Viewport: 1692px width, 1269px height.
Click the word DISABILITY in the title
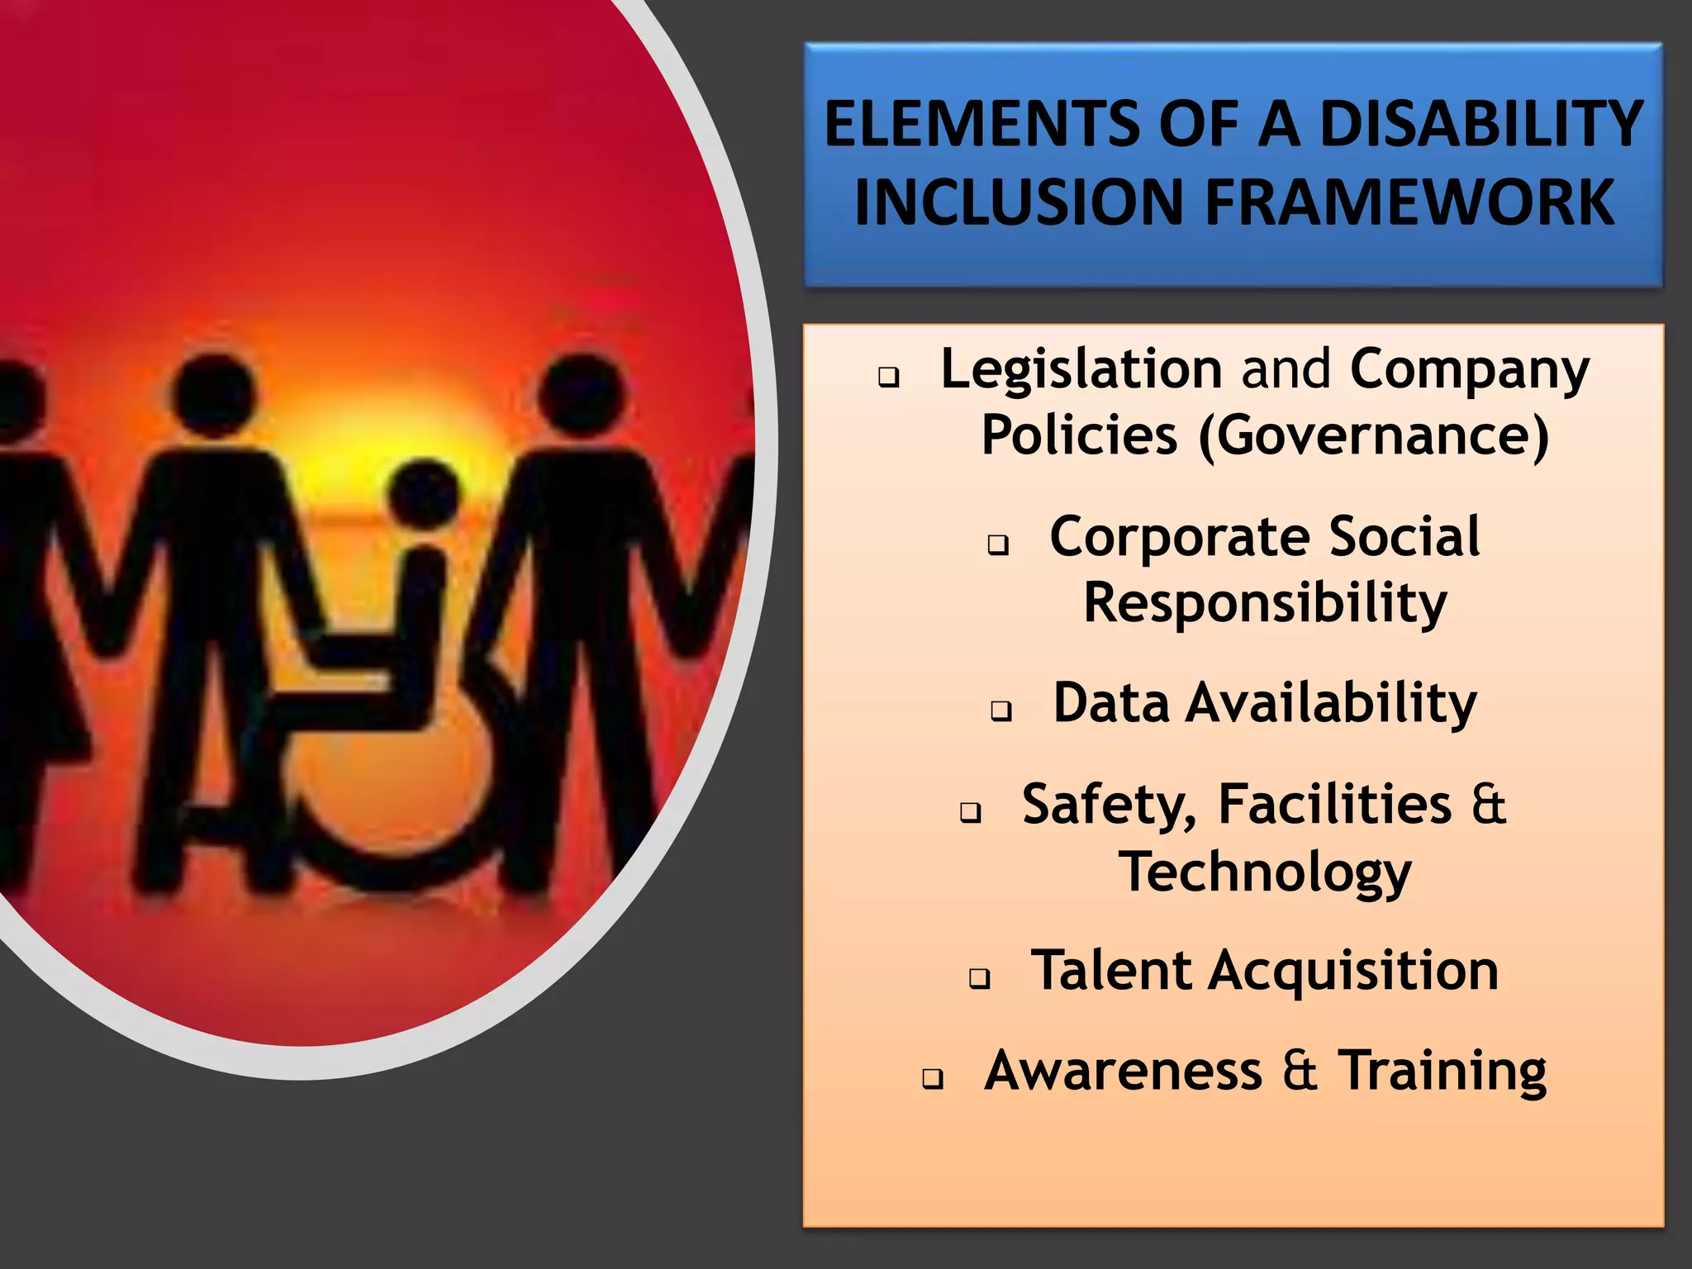(x=1480, y=124)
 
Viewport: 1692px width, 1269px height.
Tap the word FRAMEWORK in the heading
(x=1409, y=202)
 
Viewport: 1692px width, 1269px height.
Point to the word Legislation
(x=1081, y=368)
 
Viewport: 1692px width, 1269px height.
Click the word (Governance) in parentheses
(x=1373, y=435)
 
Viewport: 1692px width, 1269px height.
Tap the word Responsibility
(x=1264, y=603)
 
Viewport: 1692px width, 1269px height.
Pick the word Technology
(x=1264, y=872)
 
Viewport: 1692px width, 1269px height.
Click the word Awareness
(x=1123, y=1071)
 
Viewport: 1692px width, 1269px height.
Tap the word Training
(x=1442, y=1071)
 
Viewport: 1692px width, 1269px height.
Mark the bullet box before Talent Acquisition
(x=979, y=978)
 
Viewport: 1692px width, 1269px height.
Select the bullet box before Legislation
(x=888, y=378)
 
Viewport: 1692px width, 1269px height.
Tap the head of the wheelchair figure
(x=424, y=496)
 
